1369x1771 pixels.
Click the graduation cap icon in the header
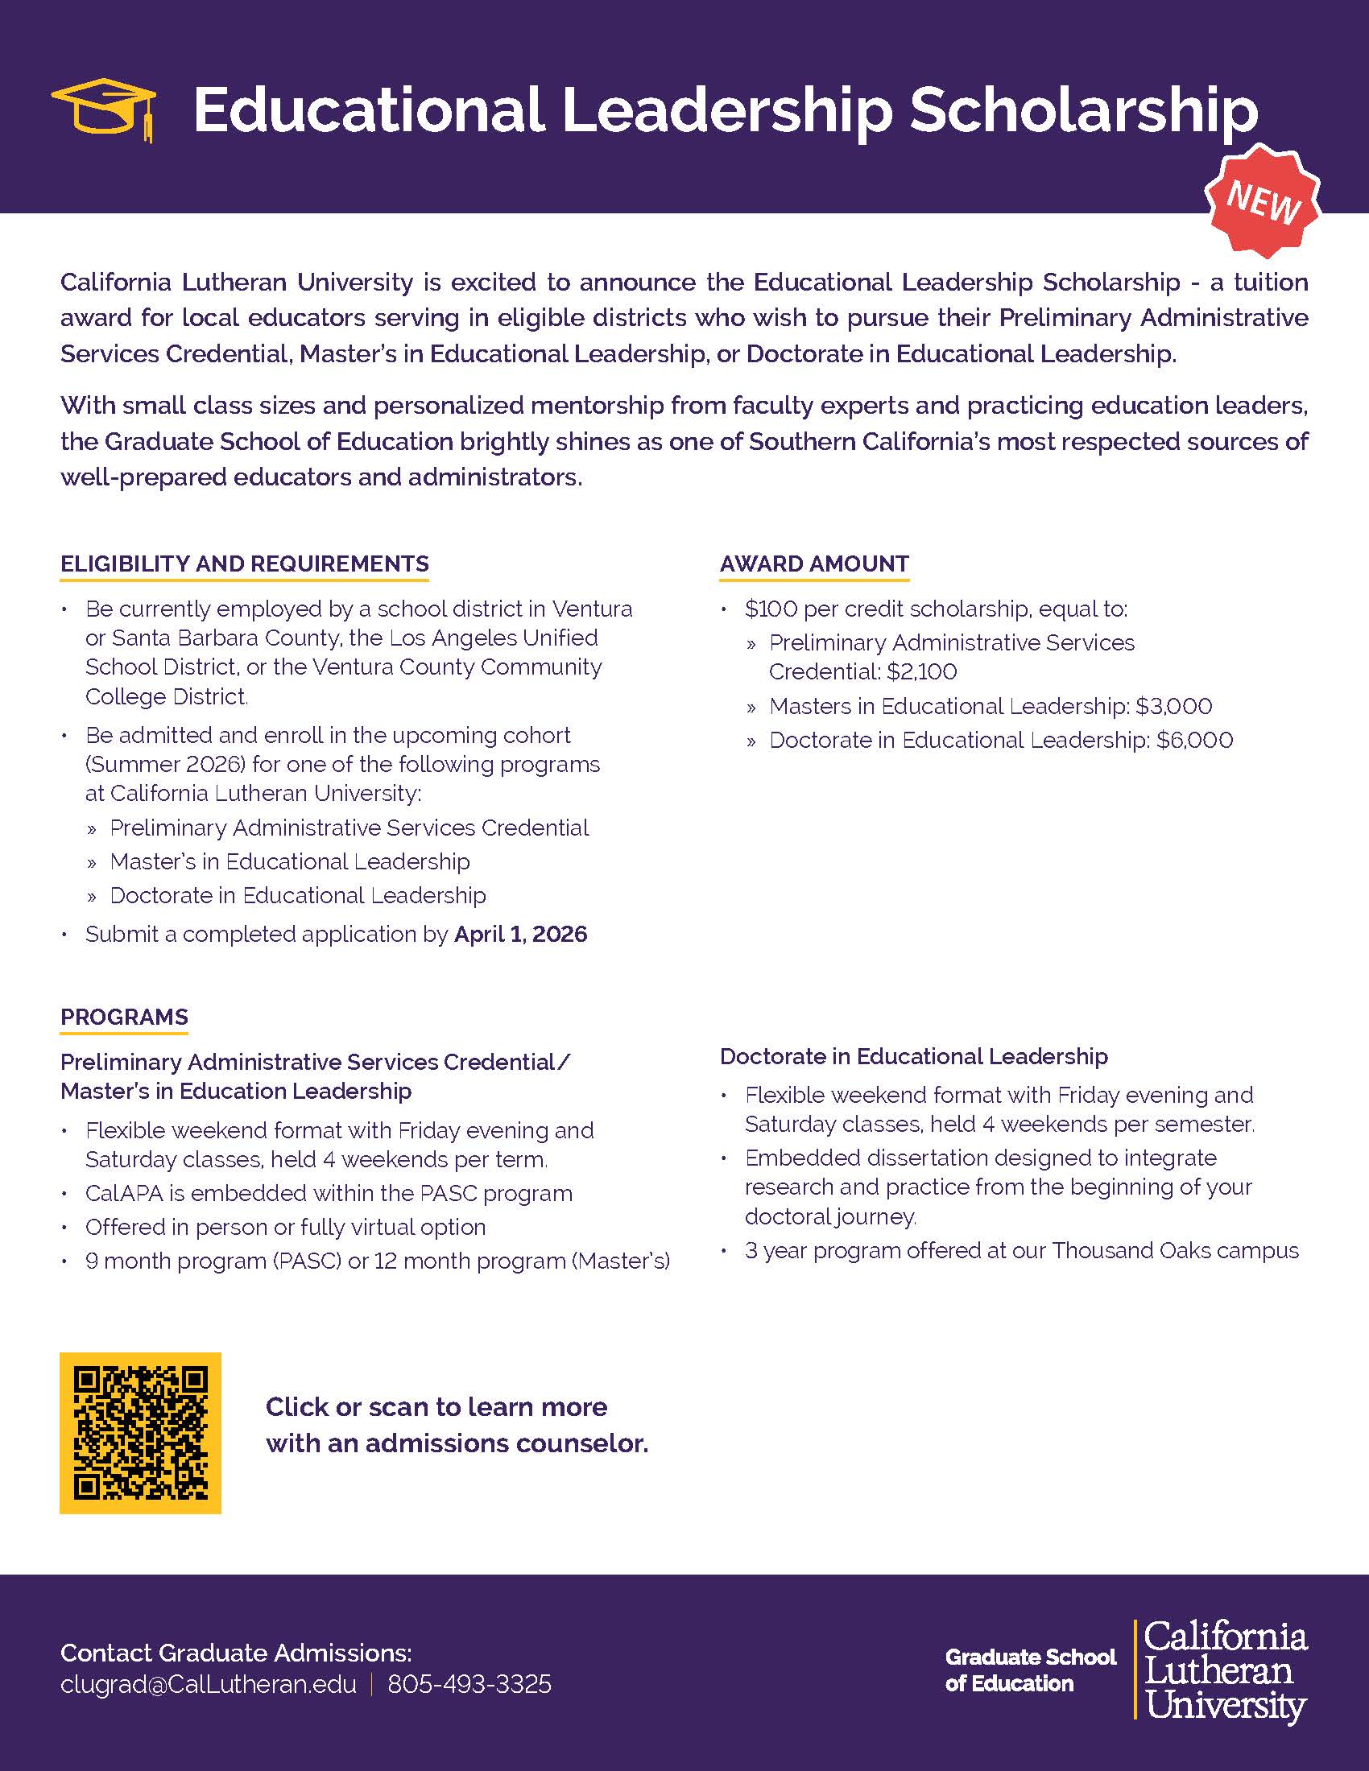[104, 110]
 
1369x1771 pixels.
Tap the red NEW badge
[1263, 199]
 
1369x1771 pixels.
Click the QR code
[140, 1433]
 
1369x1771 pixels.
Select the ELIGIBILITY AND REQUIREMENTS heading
[244, 563]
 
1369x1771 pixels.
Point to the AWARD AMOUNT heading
[814, 563]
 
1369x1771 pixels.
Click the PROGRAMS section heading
[124, 1017]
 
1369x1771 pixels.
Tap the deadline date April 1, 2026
[520, 934]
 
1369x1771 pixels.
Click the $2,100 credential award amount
[921, 671]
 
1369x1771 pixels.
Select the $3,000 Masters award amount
[1173, 706]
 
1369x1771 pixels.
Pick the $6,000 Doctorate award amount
[1194, 741]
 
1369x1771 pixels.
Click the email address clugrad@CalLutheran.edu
[209, 1684]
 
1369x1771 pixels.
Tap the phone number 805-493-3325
[469, 1684]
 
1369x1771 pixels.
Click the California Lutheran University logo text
[1225, 1670]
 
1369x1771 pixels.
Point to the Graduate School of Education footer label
[1030, 1670]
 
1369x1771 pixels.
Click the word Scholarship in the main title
[1082, 110]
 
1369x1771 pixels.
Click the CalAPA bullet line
[329, 1194]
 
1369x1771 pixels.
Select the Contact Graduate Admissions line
[236, 1653]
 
